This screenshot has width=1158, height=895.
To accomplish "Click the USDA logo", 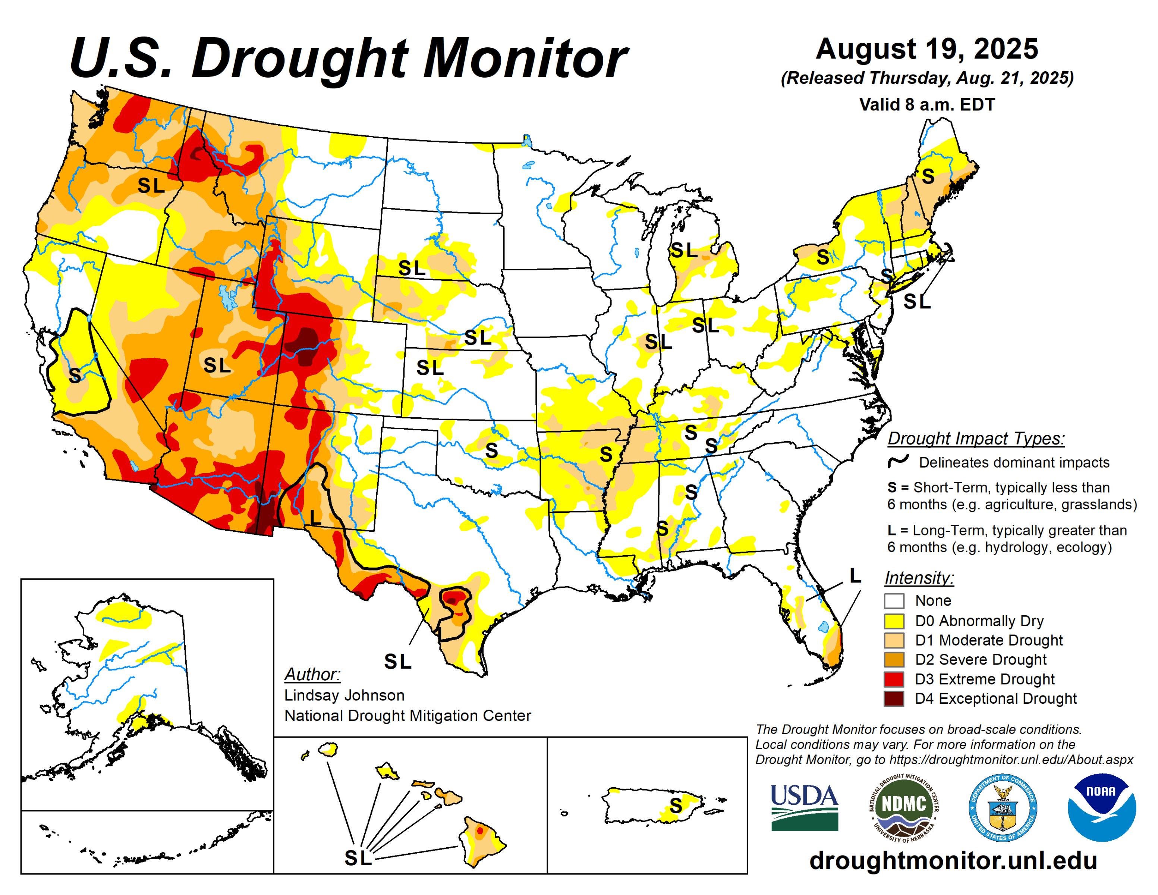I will (x=804, y=807).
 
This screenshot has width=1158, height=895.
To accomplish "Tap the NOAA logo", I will (x=1101, y=807).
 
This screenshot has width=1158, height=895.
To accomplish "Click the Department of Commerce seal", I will (x=1002, y=807).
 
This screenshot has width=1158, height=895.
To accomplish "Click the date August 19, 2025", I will (x=926, y=49).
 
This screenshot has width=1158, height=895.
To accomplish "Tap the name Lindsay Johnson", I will (x=344, y=695).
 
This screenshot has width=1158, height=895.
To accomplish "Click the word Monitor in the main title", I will (x=525, y=58).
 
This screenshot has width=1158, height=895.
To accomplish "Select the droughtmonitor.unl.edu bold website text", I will (x=953, y=860).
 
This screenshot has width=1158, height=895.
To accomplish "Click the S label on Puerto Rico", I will (x=676, y=806).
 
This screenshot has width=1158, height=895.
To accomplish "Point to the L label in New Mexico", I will (x=315, y=517).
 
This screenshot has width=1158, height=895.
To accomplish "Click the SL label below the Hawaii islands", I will (x=358, y=857).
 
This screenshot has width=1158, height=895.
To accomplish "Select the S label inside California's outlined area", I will (x=75, y=376).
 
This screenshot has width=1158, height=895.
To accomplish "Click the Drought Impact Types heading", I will (x=976, y=439).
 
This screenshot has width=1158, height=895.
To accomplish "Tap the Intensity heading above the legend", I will (x=919, y=577).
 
